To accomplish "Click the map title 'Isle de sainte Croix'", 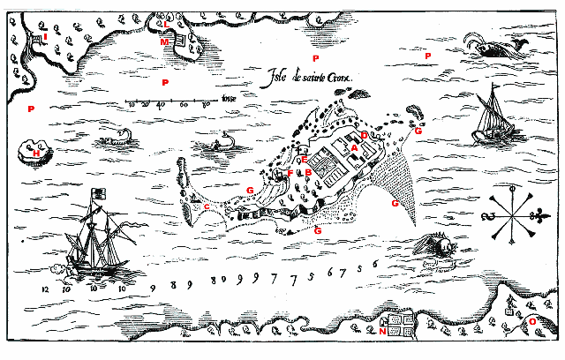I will [x=300, y=78].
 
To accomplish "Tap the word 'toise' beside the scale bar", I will [x=230, y=98].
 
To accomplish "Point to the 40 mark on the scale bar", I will [x=161, y=105].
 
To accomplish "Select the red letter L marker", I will [x=166, y=24].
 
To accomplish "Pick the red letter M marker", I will [x=164, y=41].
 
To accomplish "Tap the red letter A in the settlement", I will [x=354, y=148].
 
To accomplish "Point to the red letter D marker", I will [x=364, y=135].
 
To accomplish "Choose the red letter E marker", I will [x=304, y=161].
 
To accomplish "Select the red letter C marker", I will [x=207, y=206].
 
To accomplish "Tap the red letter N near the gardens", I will [x=382, y=333].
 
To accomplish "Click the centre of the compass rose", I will [x=509, y=214].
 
